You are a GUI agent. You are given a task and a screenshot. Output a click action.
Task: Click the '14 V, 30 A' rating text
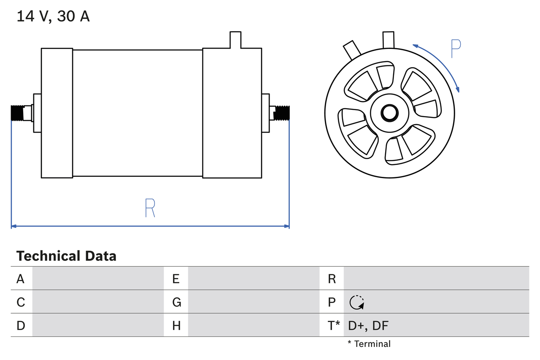(53, 17)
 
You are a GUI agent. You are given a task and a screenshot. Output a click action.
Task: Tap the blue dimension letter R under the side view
(150, 208)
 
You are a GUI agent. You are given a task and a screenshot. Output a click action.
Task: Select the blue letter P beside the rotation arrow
(456, 49)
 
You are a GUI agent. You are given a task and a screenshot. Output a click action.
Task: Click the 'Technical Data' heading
(66, 256)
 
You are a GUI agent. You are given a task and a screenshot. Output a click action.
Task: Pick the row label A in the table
(21, 279)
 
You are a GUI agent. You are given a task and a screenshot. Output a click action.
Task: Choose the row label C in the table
(21, 302)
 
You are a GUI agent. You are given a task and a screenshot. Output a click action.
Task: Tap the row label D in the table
(21, 325)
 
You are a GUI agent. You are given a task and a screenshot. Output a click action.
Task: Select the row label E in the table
(176, 279)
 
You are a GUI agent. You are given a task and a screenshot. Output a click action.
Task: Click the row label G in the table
(176, 302)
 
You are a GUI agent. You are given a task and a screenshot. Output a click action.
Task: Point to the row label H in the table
(176, 325)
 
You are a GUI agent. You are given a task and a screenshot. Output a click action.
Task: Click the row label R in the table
(332, 279)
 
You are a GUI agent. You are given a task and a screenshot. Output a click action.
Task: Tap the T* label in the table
(333, 325)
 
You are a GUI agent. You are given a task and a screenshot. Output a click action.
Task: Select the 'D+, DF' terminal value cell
(368, 325)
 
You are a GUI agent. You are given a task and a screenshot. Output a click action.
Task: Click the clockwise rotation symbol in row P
(356, 302)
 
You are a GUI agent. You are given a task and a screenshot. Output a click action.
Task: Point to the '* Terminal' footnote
(369, 344)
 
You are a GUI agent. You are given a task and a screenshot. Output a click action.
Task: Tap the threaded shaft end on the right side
(282, 113)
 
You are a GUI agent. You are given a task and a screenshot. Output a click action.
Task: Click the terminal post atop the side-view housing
(235, 40)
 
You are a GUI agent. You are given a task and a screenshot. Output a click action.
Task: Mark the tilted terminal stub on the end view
(351, 50)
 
